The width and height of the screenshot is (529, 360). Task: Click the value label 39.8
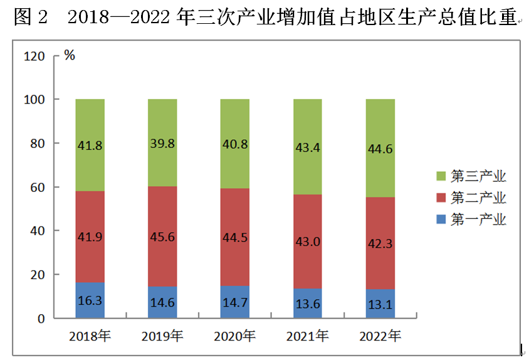(162, 144)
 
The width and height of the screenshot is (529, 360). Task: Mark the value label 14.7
(234, 302)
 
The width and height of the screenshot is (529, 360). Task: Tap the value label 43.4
(307, 147)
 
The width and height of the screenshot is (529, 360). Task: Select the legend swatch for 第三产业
(440, 176)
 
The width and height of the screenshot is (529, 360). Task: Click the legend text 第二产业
(478, 198)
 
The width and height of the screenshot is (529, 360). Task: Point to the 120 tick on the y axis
(35, 56)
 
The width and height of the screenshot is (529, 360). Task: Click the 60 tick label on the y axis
(38, 188)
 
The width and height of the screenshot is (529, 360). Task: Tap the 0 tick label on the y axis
(41, 319)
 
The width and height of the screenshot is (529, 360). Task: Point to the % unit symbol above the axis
(70, 55)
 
